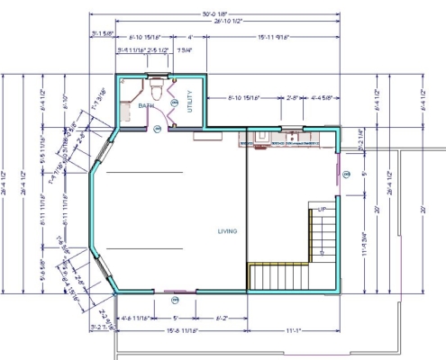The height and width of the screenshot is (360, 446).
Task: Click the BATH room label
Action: pyautogui.click(x=146, y=107)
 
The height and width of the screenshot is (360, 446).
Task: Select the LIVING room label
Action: pyautogui.click(x=226, y=232)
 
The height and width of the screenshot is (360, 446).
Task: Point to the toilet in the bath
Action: pyautogui.click(x=158, y=89)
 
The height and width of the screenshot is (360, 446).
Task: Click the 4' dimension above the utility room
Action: pyautogui.click(x=190, y=37)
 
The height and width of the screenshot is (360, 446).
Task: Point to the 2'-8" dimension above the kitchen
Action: pyautogui.click(x=293, y=96)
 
